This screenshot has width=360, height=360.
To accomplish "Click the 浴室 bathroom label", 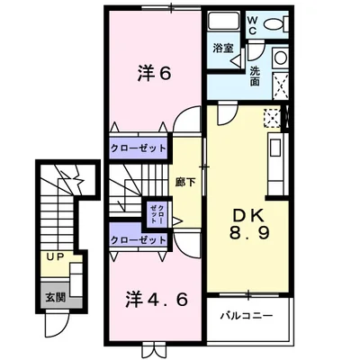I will (x=223, y=47).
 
